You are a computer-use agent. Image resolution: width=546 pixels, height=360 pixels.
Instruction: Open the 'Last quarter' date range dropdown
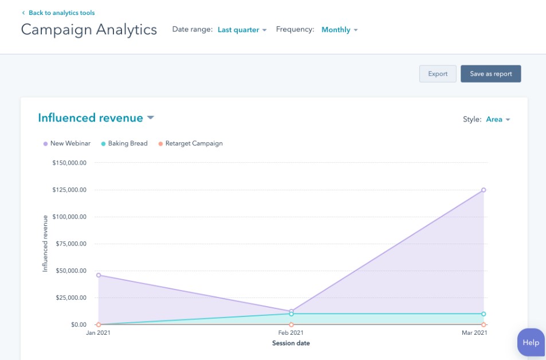pos(242,30)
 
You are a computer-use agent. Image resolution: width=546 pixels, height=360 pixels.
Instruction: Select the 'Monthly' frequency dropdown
pos(339,30)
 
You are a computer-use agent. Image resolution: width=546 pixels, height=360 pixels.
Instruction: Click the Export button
pos(438,74)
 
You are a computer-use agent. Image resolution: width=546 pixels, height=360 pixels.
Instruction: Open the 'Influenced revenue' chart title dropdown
pos(96,118)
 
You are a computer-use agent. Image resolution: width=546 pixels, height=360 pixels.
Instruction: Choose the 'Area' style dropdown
pos(497,119)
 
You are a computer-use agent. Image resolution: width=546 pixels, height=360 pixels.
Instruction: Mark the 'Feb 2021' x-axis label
pos(291,333)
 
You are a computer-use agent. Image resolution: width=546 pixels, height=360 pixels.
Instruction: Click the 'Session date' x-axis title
pos(291,343)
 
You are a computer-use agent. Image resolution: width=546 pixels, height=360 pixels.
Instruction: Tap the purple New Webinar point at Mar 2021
pos(484,190)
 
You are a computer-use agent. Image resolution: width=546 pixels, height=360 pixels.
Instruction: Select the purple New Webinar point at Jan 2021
pos(99,275)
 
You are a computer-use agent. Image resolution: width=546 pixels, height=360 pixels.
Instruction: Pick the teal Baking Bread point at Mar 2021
pos(484,314)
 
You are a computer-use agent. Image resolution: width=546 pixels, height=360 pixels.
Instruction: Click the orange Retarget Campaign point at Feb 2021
pos(291,324)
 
